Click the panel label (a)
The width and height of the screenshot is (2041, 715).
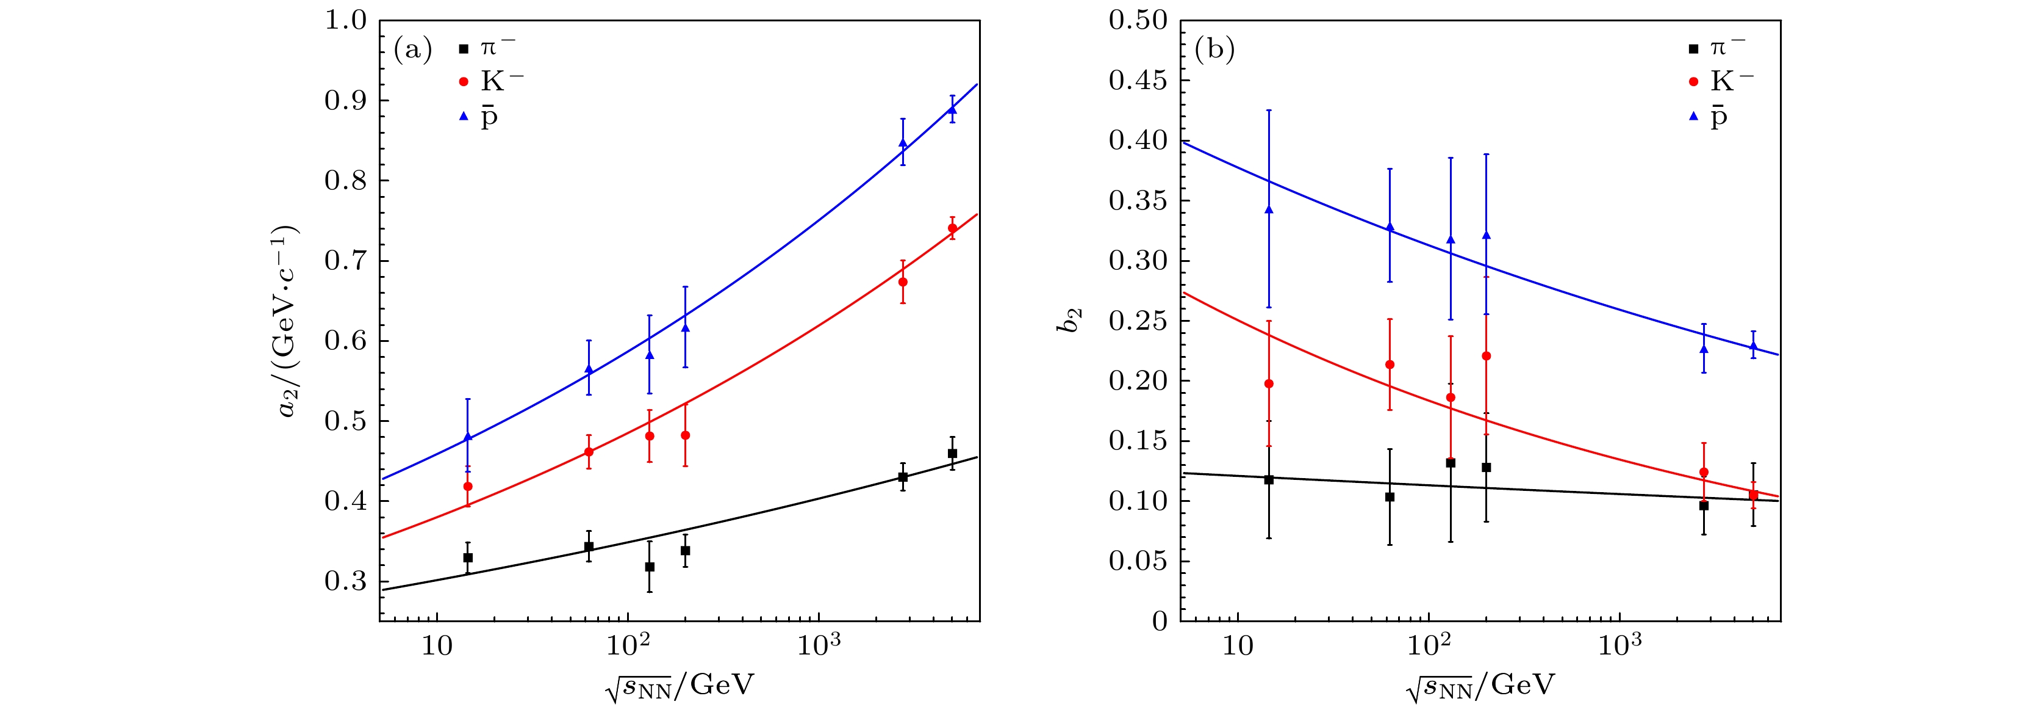413,51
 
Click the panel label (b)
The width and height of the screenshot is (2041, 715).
1214,51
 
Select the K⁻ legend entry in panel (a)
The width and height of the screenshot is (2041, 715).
490,82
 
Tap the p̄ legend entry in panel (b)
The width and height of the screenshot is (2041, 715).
1718,117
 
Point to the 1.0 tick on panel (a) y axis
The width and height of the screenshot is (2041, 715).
346,21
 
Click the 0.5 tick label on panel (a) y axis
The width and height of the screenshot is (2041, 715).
346,421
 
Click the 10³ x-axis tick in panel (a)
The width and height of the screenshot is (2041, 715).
819,647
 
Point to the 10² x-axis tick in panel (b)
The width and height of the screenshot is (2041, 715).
1429,647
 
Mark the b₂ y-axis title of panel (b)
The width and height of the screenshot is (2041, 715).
1071,321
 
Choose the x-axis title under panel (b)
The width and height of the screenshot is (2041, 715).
1480,685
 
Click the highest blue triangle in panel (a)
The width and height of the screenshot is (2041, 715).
952,109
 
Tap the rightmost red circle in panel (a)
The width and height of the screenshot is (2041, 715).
952,228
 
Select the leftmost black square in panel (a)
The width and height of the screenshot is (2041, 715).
467,558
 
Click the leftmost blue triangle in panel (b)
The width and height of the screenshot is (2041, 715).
1269,209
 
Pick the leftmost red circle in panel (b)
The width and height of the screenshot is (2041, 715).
1269,383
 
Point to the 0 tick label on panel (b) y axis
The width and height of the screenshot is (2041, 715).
1160,622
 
